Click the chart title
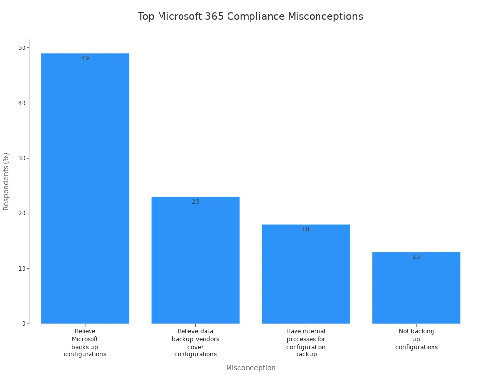click(x=250, y=16)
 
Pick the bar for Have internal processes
click(x=306, y=274)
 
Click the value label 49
click(x=85, y=58)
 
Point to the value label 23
click(x=195, y=202)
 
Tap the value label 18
click(x=306, y=229)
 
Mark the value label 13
click(x=416, y=257)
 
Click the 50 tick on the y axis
click(x=22, y=48)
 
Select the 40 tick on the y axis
click(x=22, y=103)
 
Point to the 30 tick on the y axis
click(x=22, y=158)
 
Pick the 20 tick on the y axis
click(x=22, y=213)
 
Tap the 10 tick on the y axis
click(x=22, y=268)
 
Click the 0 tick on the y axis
click(x=23, y=324)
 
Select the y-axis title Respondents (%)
click(x=6, y=181)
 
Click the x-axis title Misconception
click(x=250, y=368)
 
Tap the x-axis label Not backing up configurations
click(x=416, y=339)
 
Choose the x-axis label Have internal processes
click(x=306, y=343)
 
